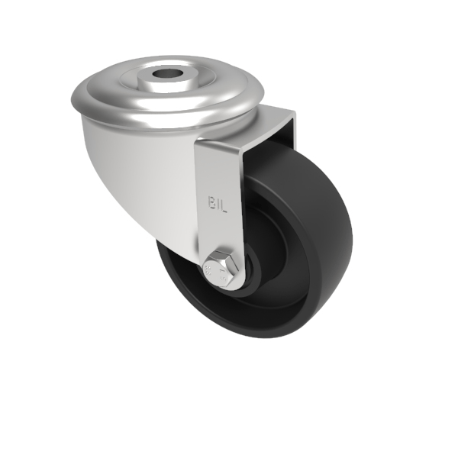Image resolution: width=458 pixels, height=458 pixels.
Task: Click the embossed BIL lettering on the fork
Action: coord(220,202)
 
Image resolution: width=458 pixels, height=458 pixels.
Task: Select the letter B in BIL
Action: coord(213,202)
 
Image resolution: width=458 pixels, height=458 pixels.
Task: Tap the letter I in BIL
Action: coord(221,202)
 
